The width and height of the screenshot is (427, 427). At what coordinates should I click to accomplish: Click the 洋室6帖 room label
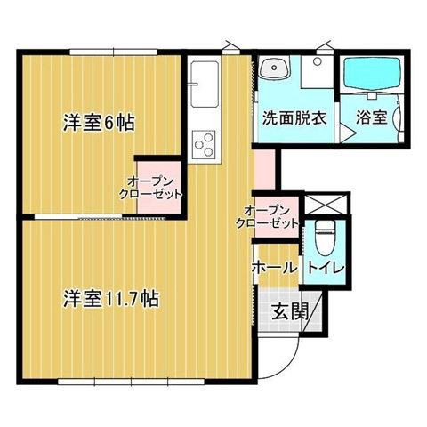(99, 123)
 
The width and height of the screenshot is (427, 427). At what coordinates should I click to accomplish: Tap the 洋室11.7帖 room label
(111, 299)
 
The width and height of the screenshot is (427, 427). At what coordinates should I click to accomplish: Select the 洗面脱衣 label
(295, 118)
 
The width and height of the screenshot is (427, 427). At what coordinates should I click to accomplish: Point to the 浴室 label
(372, 117)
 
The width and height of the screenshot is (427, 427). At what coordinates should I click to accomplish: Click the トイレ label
(326, 268)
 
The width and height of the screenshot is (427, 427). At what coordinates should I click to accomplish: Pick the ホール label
(275, 268)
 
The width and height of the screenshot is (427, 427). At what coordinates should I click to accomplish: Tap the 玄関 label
(290, 311)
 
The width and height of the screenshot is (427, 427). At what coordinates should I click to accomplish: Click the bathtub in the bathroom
(373, 73)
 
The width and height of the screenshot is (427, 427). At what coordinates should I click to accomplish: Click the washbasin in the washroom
(275, 68)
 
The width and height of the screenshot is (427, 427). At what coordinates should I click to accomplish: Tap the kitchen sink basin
(205, 85)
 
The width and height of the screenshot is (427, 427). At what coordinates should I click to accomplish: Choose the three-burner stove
(205, 144)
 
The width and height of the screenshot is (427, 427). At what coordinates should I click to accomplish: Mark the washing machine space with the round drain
(318, 71)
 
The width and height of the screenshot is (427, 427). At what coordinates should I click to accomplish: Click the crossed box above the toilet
(326, 203)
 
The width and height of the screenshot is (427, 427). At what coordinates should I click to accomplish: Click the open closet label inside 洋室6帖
(150, 188)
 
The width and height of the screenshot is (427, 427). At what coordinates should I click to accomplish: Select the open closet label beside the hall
(267, 217)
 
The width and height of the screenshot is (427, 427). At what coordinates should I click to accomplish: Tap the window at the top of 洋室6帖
(114, 52)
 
